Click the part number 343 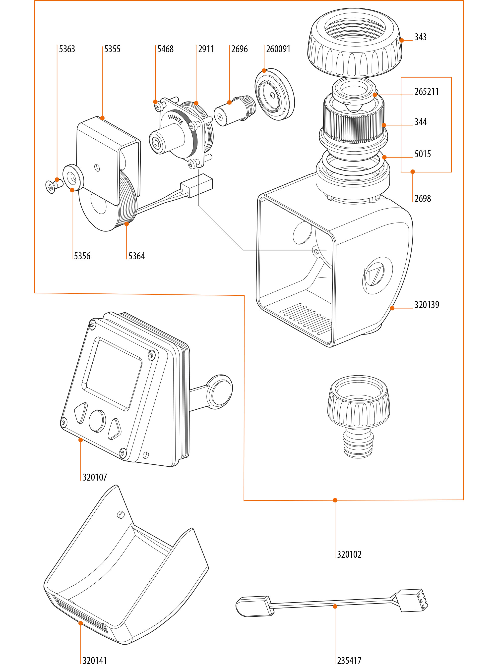pos(420,37)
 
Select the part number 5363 pos(67,49)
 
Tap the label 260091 pos(278,49)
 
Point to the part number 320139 pos(427,305)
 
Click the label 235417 pos(349,660)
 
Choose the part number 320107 pos(95,477)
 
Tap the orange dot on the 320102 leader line pos(335,500)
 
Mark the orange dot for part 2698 pos(412,172)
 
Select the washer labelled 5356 pos(73,178)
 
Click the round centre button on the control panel pos(97,421)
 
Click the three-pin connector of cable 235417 pos(412,600)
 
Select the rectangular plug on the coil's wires pos(197,185)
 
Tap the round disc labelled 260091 pos(274,94)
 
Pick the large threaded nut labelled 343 pos(354,42)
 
